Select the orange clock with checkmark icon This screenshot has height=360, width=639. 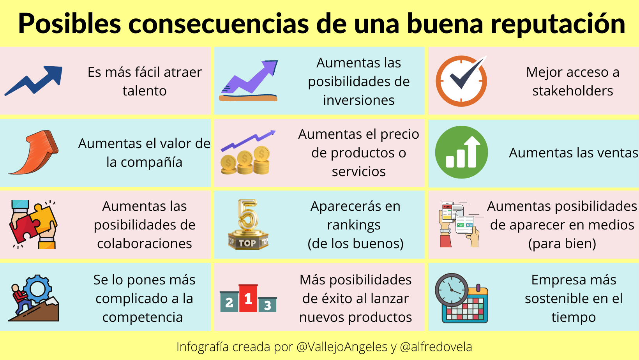(461, 81)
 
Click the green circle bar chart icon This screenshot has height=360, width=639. (461, 152)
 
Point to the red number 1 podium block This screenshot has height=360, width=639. (248, 298)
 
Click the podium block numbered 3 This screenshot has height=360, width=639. (267, 304)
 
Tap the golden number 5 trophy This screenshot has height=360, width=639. (248, 224)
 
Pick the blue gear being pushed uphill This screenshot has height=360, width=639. (37, 289)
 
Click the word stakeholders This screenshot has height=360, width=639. (572, 91)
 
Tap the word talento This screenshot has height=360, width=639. (144, 91)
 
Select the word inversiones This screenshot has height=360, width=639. (358, 101)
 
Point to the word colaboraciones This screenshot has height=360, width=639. (144, 244)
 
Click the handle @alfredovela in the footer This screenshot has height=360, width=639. (436, 347)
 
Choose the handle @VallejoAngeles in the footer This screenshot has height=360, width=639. (342, 347)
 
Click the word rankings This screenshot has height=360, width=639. (354, 225)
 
